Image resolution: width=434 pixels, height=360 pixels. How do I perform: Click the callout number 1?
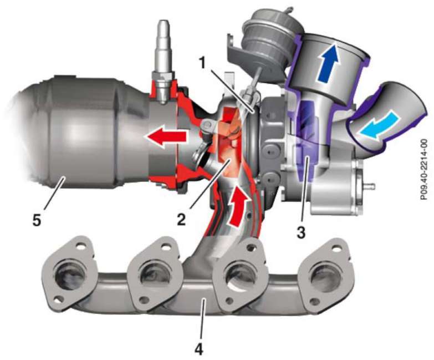tap(204, 63)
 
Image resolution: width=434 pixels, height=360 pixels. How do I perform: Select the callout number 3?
tap(301, 232)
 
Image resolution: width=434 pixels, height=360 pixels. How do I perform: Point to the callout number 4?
tap(199, 349)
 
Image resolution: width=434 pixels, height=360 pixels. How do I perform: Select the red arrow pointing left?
tap(165, 136)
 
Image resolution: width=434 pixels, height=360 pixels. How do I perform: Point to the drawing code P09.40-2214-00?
tap(423, 169)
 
